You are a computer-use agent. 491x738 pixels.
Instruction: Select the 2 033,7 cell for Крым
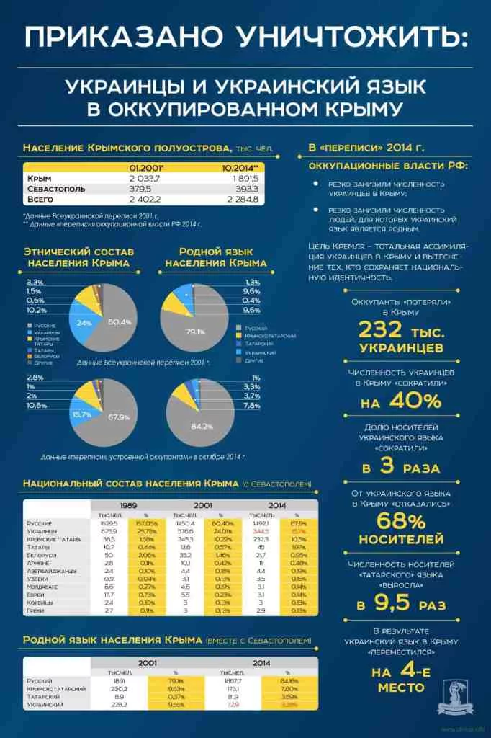(143, 178)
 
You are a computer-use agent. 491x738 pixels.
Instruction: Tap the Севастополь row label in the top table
(56, 189)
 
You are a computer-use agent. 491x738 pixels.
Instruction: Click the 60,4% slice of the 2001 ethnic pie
(115, 321)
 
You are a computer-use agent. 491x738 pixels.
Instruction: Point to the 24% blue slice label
(84, 323)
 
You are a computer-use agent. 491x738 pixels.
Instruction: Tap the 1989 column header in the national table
(129, 506)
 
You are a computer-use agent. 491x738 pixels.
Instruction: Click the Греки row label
(35, 611)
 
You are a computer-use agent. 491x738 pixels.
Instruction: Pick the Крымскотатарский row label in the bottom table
(57, 689)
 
